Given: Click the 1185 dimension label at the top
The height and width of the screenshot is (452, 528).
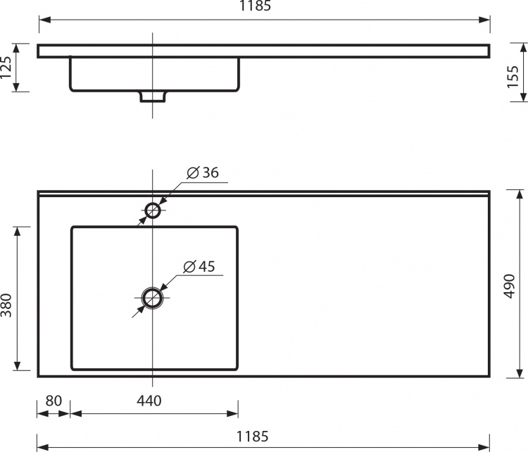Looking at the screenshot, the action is [x=255, y=6].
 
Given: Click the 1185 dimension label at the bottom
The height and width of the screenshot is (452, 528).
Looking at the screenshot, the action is [x=253, y=437].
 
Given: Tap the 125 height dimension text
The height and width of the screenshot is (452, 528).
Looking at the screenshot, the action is [x=6, y=68].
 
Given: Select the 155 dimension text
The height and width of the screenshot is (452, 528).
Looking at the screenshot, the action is [x=513, y=77].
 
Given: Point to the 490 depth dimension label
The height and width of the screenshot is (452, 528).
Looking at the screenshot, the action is [x=509, y=287].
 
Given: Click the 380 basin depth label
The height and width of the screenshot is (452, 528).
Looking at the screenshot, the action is [x=6, y=305].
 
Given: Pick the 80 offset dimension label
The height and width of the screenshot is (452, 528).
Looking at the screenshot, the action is [x=54, y=401].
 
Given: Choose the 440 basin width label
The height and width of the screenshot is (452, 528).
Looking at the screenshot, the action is [x=149, y=401].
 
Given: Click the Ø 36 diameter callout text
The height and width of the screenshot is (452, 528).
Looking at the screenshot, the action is [x=203, y=172].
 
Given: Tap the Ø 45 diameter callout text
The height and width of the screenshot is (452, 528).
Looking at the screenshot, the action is [x=199, y=266].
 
